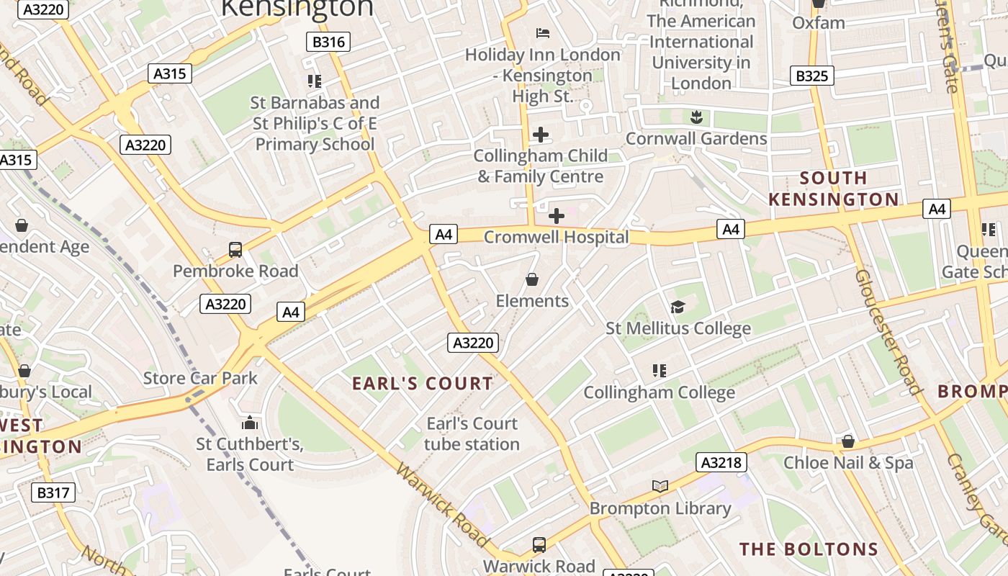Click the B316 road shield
(x=328, y=42)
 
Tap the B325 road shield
(x=812, y=76)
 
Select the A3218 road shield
(x=721, y=462)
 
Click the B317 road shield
(x=53, y=492)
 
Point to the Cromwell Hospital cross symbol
(x=557, y=215)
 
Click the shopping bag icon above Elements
(x=532, y=279)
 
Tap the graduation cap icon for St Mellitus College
(x=678, y=307)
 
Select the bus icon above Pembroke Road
(x=235, y=250)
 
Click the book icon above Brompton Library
(x=660, y=486)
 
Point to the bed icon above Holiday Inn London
(x=543, y=33)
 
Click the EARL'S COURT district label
(x=423, y=384)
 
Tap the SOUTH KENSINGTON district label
(x=834, y=189)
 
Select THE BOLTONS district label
(x=809, y=549)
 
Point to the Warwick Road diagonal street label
(x=443, y=505)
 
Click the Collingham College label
(x=659, y=392)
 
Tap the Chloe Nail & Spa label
(x=848, y=463)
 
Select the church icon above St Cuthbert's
(x=250, y=423)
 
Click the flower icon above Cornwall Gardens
(x=696, y=116)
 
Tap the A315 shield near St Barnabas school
(x=171, y=73)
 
